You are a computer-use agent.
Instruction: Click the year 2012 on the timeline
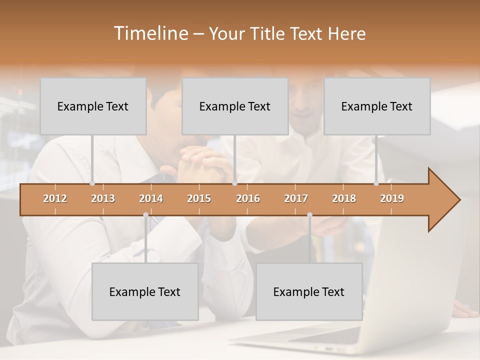tap(55, 198)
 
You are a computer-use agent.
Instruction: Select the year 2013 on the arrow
tap(103, 198)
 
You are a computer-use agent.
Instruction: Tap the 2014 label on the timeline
tap(151, 198)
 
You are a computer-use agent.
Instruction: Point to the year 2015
tap(199, 198)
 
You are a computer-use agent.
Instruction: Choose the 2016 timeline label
tap(248, 198)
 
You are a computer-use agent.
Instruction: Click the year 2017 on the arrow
tap(296, 198)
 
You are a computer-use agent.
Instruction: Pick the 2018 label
tap(344, 198)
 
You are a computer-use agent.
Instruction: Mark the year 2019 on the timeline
tap(392, 198)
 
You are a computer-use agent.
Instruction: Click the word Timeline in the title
tap(150, 33)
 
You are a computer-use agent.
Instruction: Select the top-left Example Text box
tap(93, 106)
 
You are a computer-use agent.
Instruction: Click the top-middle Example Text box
tap(235, 106)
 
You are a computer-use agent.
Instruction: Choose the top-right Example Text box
tap(377, 106)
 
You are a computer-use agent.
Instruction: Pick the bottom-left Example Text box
tap(145, 291)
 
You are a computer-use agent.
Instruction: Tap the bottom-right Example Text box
tap(309, 291)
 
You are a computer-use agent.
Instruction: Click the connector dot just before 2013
tap(92, 183)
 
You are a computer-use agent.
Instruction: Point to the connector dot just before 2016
tap(234, 183)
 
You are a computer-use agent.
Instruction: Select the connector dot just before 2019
tap(376, 183)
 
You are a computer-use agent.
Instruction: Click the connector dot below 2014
tap(145, 215)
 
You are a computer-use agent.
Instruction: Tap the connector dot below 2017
tap(309, 215)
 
